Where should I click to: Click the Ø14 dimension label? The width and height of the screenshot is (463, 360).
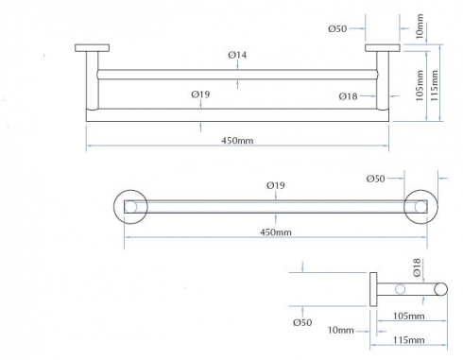tap(237, 55)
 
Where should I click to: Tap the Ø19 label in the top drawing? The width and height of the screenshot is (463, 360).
tap(200, 94)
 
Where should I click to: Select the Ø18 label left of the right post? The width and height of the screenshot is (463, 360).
tap(348, 96)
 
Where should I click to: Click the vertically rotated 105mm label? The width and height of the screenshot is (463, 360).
tap(420, 86)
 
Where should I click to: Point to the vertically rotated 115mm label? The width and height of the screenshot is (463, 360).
tap(434, 86)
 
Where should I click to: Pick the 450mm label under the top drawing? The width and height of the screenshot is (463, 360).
tap(237, 141)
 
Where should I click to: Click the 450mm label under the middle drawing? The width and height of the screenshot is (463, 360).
tap(276, 232)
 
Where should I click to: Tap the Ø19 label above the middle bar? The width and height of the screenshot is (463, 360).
tap(276, 185)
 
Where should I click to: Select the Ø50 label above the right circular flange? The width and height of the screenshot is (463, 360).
tap(375, 179)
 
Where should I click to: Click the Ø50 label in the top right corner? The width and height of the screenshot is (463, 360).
tap(337, 29)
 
